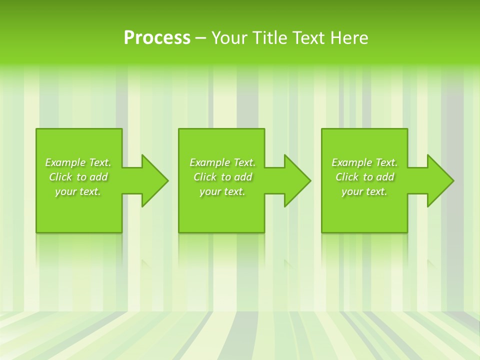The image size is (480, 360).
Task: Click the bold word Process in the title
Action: pos(157,38)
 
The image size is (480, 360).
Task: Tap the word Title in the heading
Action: pos(269,38)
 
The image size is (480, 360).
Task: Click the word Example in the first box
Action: pos(65,162)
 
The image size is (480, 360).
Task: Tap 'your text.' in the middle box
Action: pos(222,191)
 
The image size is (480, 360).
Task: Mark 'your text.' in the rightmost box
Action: pos(364,191)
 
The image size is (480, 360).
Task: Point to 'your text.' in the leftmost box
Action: pos(78,191)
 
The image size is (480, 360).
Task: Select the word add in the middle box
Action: pos(243,177)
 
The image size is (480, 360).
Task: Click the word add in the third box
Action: pos(385,177)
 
